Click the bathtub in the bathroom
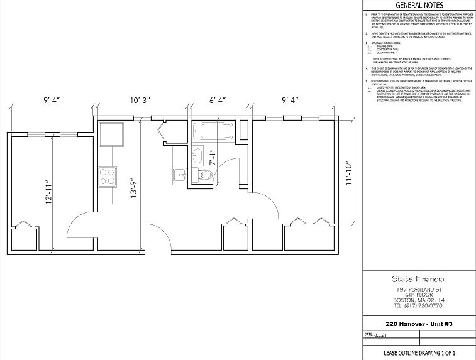[213, 133]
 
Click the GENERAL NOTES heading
[419, 6]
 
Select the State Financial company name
[419, 279]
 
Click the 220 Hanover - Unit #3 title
[419, 324]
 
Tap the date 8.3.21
[382, 335]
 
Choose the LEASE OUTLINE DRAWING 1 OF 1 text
[419, 353]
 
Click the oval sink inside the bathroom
[198, 153]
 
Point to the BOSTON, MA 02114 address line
[419, 300]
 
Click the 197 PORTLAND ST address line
[419, 289]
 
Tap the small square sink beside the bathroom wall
[178, 173]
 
